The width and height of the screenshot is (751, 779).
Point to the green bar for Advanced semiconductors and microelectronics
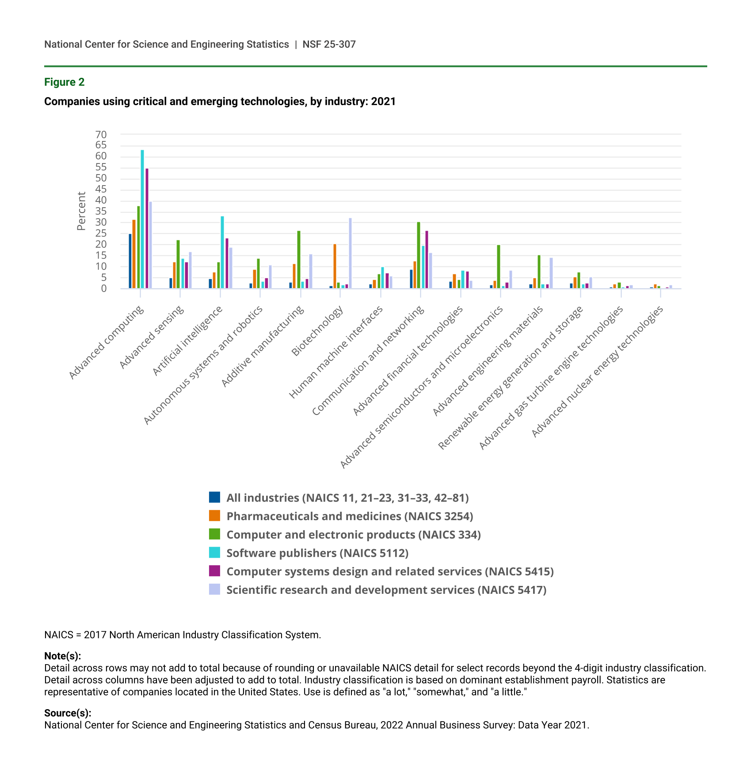(x=499, y=267)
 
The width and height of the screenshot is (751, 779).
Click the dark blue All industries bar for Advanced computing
(x=130, y=261)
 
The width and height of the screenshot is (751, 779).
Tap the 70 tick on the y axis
(x=101, y=134)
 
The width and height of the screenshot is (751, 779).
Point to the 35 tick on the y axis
(x=101, y=211)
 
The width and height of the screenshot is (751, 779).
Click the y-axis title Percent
(x=81, y=211)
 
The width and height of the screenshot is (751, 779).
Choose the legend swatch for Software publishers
(x=214, y=552)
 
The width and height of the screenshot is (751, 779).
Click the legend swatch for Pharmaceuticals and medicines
(x=214, y=516)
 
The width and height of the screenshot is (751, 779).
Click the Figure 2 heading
(x=64, y=82)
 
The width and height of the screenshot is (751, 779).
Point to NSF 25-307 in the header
(x=329, y=44)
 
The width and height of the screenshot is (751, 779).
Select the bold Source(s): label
(x=68, y=713)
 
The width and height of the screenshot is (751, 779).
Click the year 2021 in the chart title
(x=383, y=102)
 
